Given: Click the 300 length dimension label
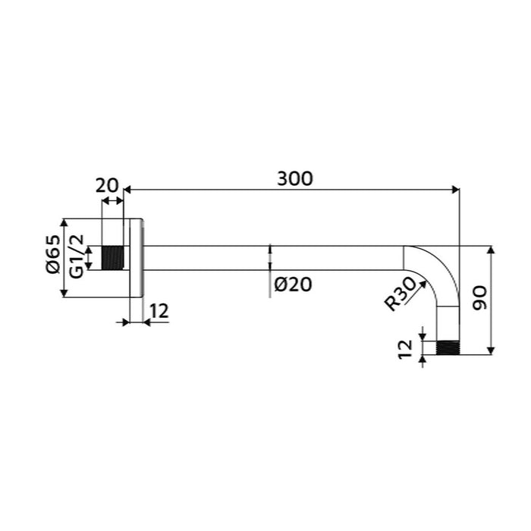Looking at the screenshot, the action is (294, 178).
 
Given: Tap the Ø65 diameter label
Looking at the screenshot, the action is (53, 254).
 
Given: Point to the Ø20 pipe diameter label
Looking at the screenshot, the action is (293, 284).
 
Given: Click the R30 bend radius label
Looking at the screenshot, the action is (401, 294).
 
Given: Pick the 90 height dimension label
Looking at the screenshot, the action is (480, 298).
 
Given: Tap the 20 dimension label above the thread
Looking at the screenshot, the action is (107, 186).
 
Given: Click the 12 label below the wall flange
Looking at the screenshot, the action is (159, 311).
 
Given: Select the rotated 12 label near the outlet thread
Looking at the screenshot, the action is (406, 350).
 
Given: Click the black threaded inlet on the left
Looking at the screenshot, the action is (113, 258).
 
